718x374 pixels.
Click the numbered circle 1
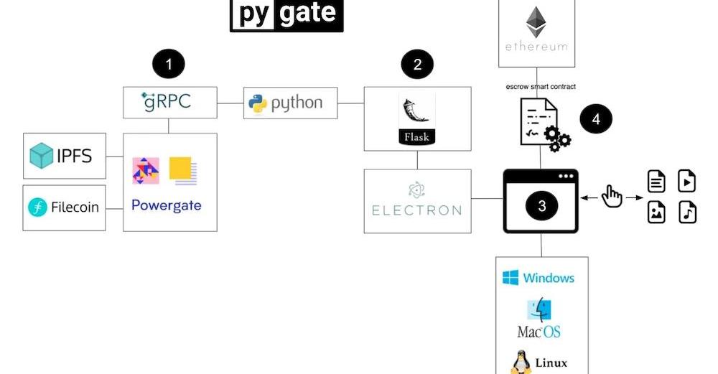(x=169, y=65)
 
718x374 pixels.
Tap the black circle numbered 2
(x=417, y=65)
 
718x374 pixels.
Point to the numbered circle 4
(x=596, y=119)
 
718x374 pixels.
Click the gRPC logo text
(x=168, y=101)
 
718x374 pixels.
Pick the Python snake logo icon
(x=258, y=103)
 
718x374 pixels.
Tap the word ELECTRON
(x=416, y=210)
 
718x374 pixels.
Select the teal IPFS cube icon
(x=42, y=156)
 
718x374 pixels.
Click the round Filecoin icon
(x=37, y=208)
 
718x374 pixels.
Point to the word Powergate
(x=167, y=205)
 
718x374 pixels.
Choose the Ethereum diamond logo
(x=535, y=22)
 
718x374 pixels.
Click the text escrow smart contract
(x=541, y=87)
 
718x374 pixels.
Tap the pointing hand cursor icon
(x=612, y=195)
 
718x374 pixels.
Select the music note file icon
(x=687, y=212)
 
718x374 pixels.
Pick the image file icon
(x=656, y=212)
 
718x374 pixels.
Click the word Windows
(x=549, y=278)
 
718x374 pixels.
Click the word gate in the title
(x=308, y=13)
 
